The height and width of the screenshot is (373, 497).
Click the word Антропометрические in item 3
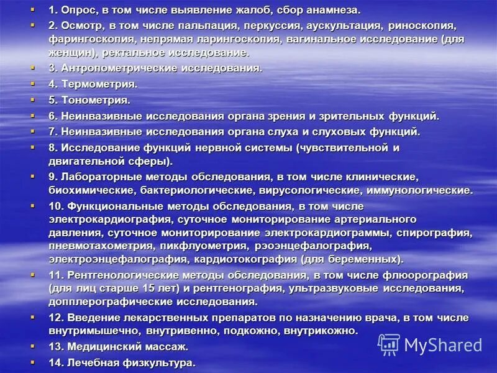pyautogui.click(x=116, y=68)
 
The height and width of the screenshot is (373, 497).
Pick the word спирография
pyautogui.click(x=436, y=233)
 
